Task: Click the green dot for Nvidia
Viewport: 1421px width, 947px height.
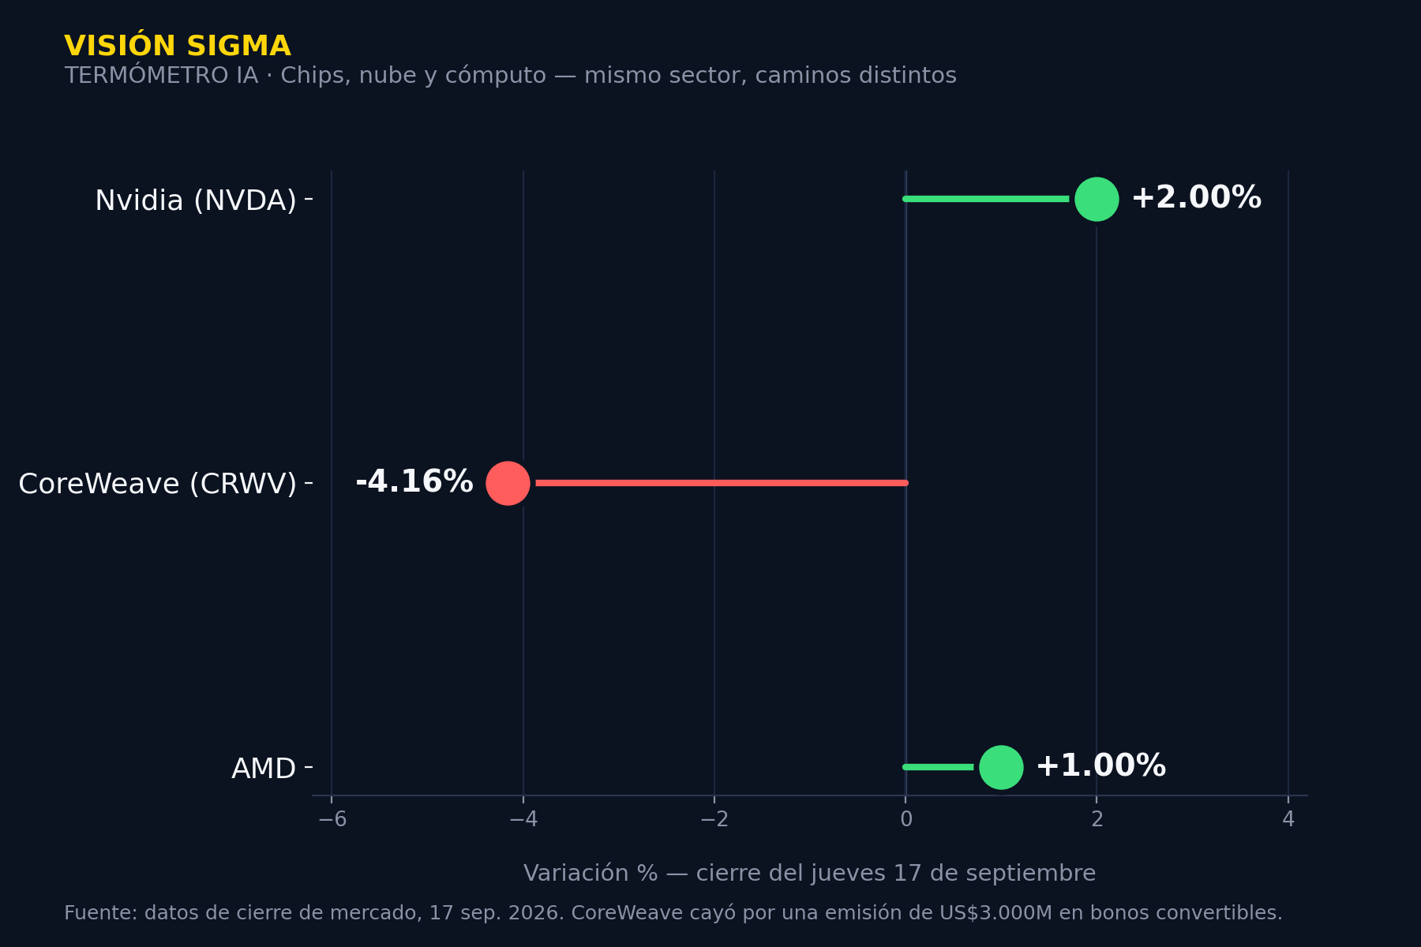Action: point(1097,199)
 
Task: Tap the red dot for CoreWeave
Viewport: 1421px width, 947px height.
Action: point(508,483)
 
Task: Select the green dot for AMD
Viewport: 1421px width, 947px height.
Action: point(1001,767)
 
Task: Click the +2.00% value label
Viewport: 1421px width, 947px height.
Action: point(1196,198)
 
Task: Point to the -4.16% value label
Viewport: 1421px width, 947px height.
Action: point(414,482)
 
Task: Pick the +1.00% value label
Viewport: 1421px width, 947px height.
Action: point(1100,766)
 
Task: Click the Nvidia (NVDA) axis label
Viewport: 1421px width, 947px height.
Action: point(196,200)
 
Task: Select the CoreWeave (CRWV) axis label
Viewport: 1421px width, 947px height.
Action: point(158,484)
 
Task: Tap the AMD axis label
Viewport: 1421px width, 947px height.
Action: point(264,769)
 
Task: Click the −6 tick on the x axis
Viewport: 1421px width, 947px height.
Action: point(332,819)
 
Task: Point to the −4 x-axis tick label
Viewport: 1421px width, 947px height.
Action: point(523,819)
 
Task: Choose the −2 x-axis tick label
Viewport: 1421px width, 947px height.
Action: point(714,819)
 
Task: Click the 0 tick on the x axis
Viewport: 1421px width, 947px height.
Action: point(906,819)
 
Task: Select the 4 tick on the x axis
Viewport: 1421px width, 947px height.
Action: point(1288,819)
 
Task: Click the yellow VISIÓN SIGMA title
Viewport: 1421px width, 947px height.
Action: point(178,46)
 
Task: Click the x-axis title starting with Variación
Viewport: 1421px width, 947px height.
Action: point(809,874)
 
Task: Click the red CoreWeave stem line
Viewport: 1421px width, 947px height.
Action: point(722,483)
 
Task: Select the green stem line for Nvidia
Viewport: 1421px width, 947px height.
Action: point(986,199)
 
